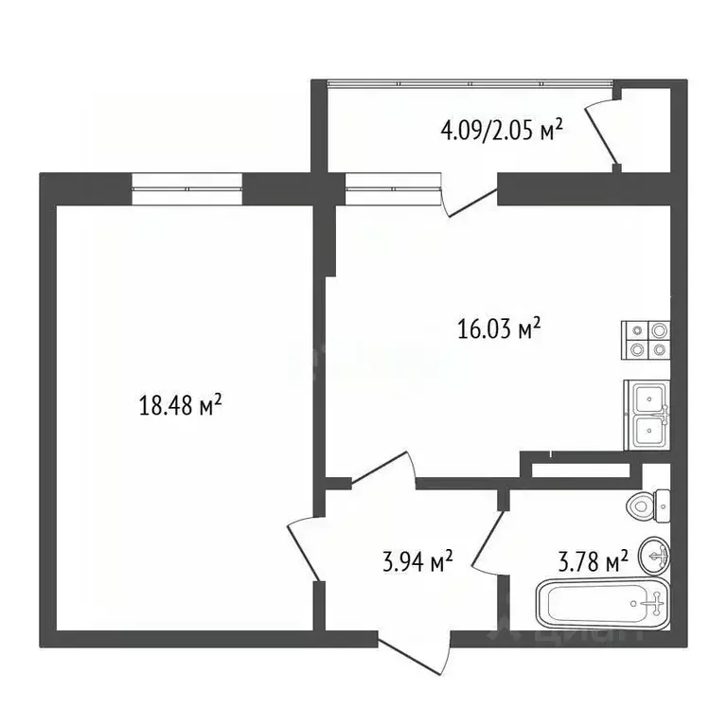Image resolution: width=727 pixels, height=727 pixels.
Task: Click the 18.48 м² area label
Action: [x=180, y=407]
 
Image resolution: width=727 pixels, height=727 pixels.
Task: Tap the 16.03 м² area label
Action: [x=499, y=328]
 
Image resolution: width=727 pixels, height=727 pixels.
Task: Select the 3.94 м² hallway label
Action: [x=415, y=562]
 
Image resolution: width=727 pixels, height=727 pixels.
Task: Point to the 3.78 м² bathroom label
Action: [x=592, y=563]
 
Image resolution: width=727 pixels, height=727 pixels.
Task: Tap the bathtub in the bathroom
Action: [x=603, y=603]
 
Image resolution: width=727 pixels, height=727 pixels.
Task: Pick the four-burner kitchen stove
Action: [x=647, y=341]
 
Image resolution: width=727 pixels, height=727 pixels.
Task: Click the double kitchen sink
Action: [x=647, y=415]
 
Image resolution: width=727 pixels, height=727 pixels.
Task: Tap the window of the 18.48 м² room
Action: [x=187, y=189]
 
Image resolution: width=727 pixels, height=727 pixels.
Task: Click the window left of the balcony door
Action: [x=393, y=189]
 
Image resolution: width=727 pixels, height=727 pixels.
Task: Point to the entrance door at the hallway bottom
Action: [x=415, y=653]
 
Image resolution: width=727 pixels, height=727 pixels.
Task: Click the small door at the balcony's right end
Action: [x=604, y=133]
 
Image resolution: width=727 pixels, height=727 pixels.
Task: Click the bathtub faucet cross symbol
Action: [x=653, y=600]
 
